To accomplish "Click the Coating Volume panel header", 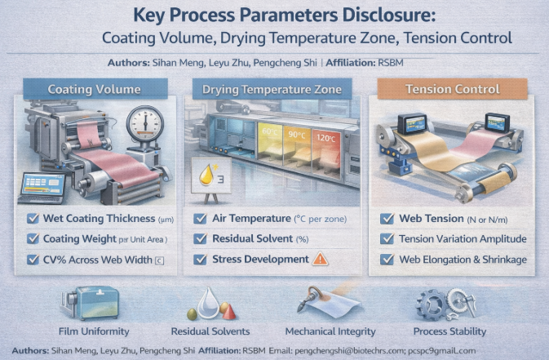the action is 95,89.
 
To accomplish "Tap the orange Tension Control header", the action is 453,89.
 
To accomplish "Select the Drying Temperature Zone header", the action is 272,89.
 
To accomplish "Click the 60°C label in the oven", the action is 269,132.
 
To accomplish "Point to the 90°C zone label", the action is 297,135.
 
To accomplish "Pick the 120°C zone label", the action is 325,138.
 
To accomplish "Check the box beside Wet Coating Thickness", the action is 33,219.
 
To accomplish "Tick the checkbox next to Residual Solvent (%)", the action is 200,238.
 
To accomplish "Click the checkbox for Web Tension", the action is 387,219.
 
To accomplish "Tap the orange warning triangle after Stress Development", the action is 320,259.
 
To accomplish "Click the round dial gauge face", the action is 145,124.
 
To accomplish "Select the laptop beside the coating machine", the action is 42,189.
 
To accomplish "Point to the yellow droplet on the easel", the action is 206,175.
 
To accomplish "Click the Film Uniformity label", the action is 94,331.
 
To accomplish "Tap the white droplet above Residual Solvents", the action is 208,303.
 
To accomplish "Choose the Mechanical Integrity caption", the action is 330,331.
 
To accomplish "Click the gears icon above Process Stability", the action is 445,304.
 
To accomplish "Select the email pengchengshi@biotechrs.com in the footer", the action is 350,350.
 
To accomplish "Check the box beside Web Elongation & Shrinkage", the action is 387,260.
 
